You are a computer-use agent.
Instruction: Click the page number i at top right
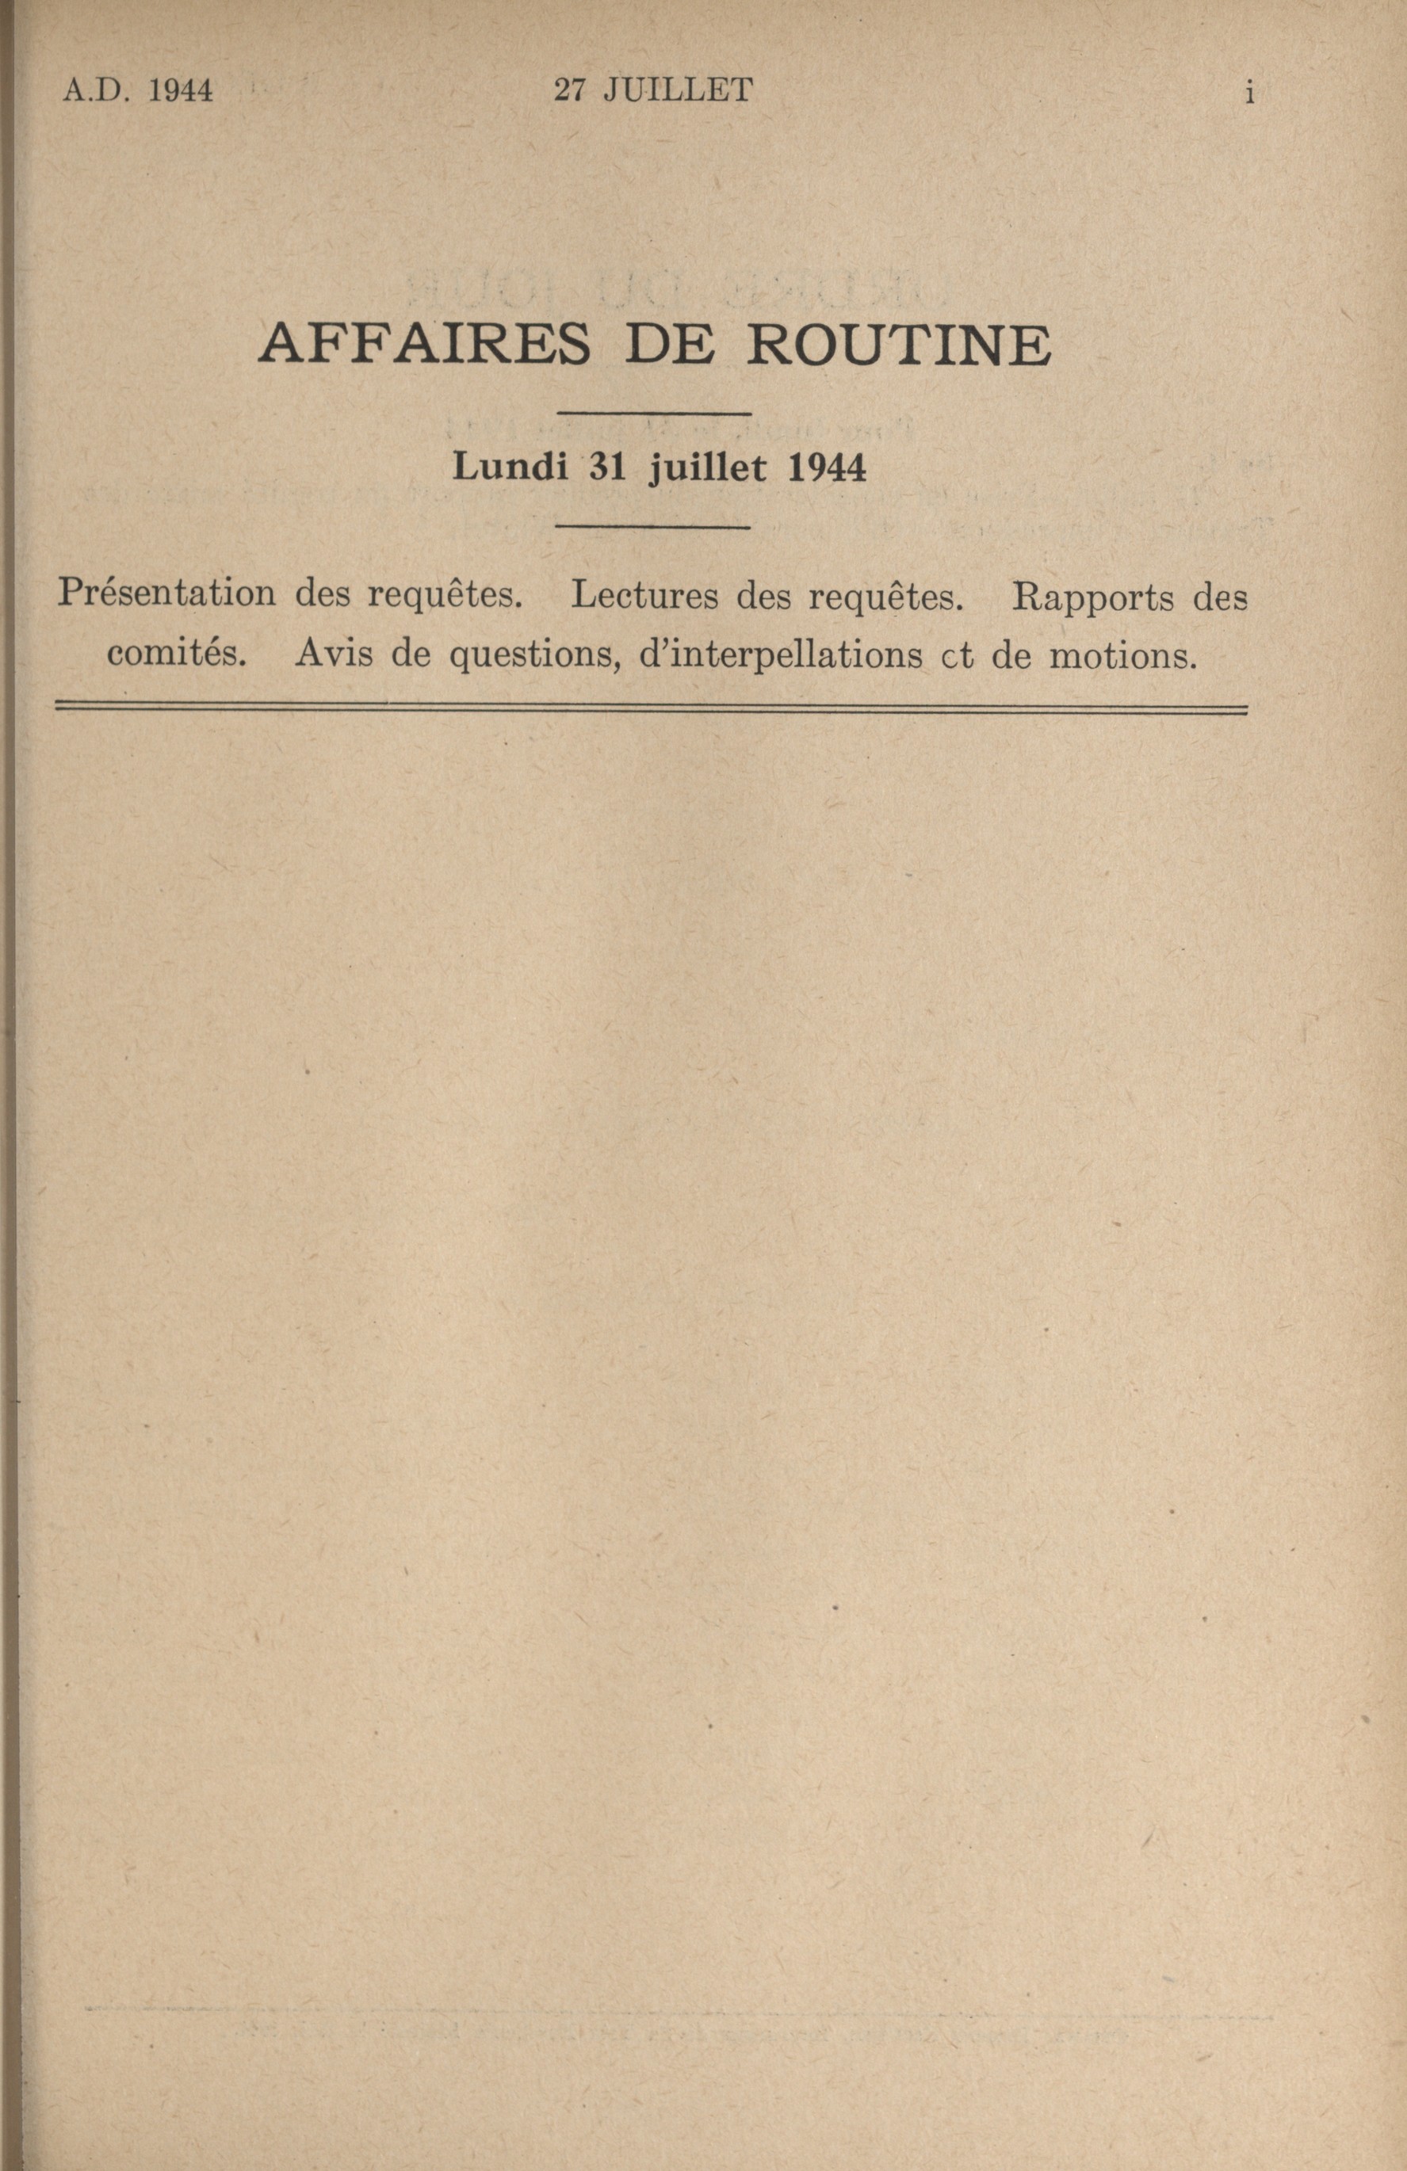[1249, 91]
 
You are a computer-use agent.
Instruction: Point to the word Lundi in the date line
[511, 468]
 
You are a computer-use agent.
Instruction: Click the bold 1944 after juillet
[825, 468]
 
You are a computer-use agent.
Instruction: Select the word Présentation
[166, 595]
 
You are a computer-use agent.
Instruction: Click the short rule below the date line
[653, 527]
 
